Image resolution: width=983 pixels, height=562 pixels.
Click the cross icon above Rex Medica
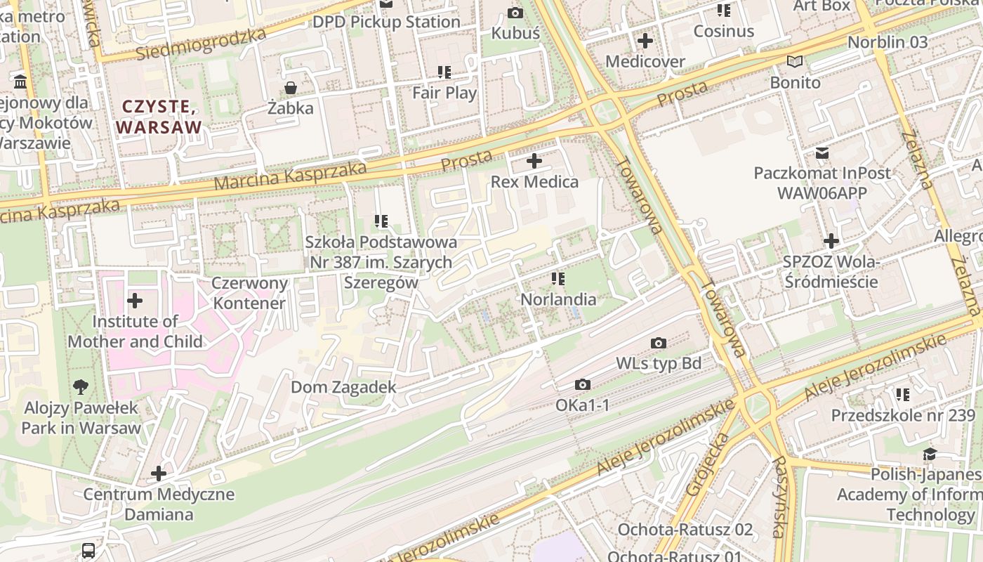(x=534, y=161)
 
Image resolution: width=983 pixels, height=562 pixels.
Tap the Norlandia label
(x=558, y=299)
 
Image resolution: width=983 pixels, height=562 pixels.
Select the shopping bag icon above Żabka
(x=290, y=88)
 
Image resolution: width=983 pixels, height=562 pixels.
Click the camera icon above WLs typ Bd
(x=658, y=343)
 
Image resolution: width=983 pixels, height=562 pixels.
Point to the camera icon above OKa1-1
(x=582, y=384)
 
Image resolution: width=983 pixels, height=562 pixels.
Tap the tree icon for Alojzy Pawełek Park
(x=81, y=386)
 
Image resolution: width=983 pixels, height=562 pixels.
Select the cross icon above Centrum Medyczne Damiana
(x=159, y=473)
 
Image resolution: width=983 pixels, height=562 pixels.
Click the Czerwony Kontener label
(x=250, y=294)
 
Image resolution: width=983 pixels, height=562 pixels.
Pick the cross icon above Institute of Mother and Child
(x=135, y=301)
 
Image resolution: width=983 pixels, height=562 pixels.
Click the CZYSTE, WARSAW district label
(x=159, y=117)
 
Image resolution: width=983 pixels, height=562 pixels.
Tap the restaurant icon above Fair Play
(x=444, y=72)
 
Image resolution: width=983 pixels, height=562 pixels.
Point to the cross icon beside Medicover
(x=645, y=41)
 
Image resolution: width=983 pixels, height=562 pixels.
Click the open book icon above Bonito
(x=795, y=62)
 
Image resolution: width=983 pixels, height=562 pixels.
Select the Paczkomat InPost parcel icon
(x=822, y=152)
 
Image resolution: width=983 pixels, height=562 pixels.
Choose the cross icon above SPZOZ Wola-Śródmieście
(x=831, y=241)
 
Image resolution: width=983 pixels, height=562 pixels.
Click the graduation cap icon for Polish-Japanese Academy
(x=930, y=454)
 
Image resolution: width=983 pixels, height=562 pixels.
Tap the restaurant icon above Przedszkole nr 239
(x=902, y=394)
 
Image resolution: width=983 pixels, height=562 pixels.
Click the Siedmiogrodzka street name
(x=202, y=44)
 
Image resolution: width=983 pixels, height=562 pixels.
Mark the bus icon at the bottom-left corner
(x=88, y=550)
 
